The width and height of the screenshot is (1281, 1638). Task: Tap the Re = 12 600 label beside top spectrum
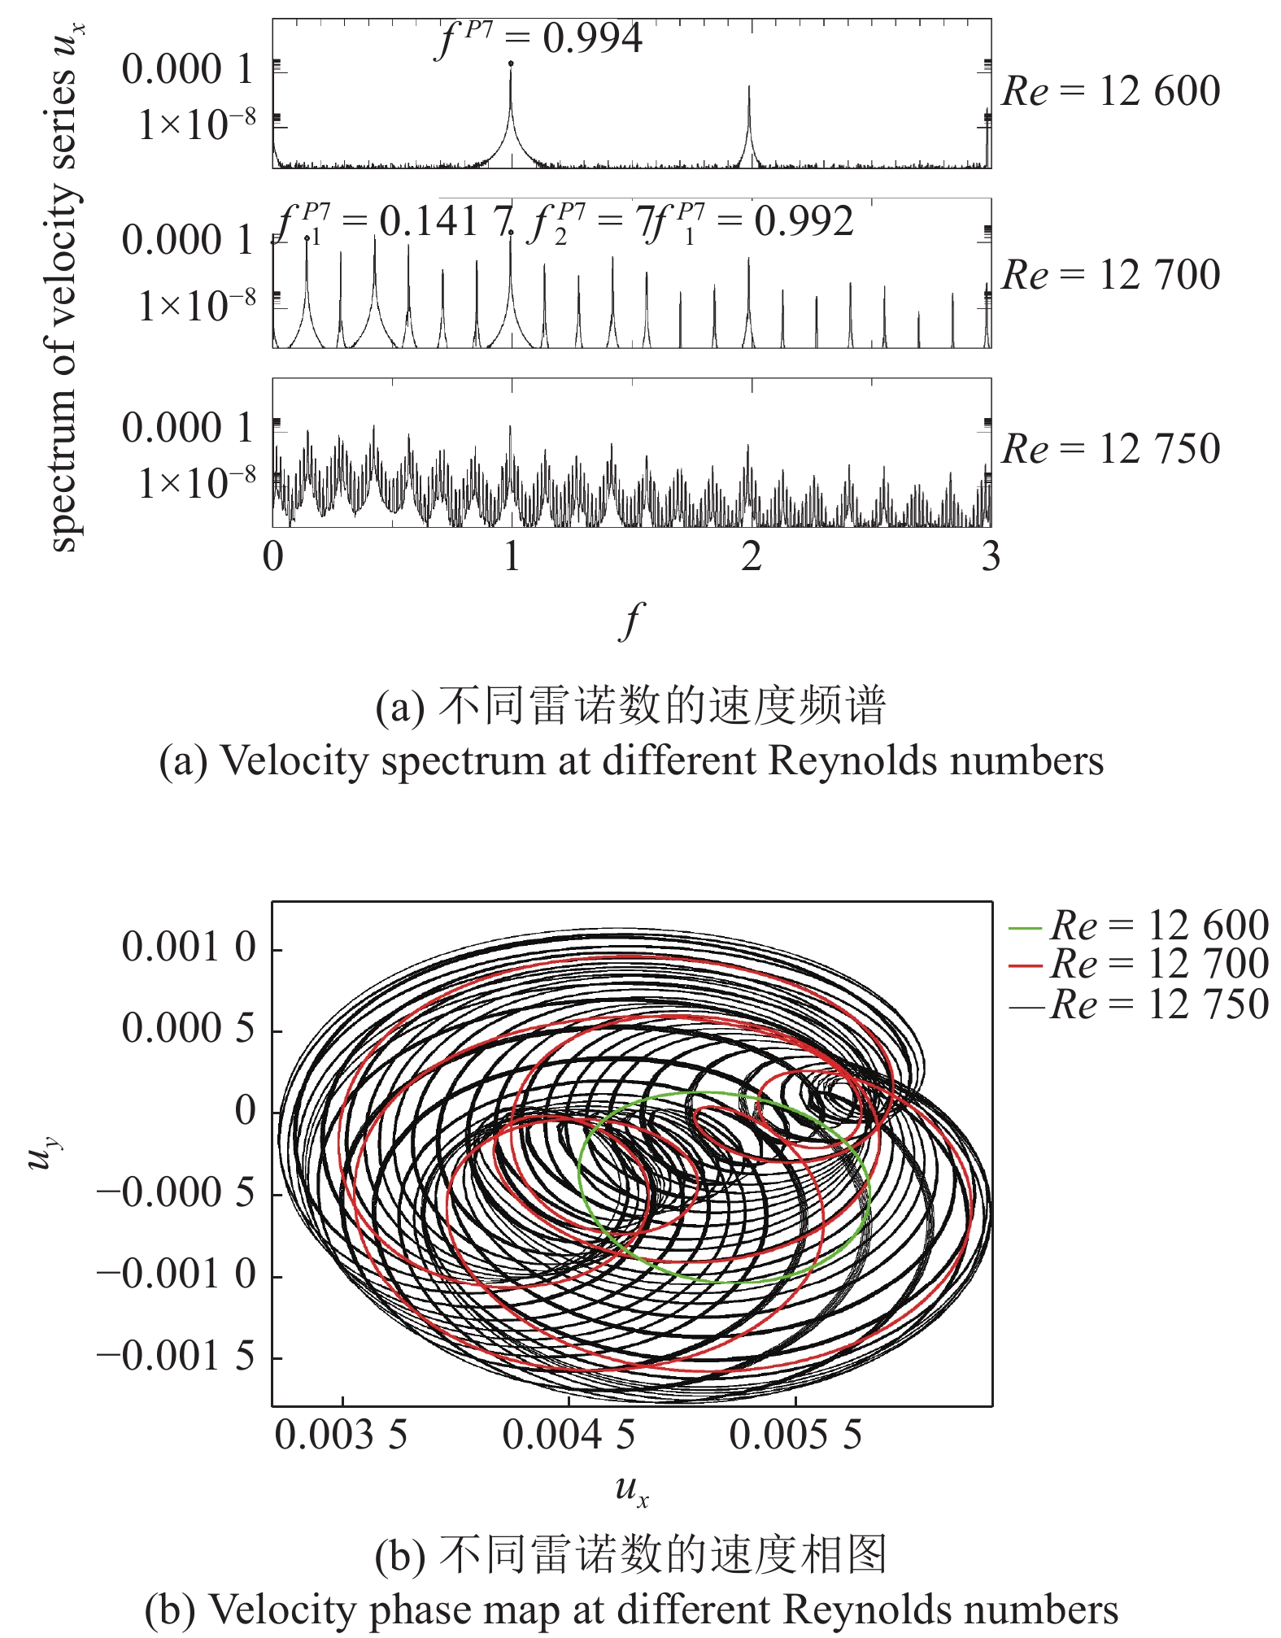pyautogui.click(x=1110, y=91)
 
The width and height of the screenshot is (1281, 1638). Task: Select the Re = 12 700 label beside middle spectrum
pyautogui.click(x=1110, y=275)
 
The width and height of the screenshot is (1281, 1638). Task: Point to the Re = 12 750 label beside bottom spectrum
pyautogui.click(x=1110, y=449)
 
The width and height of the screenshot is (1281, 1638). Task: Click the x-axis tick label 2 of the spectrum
pyautogui.click(x=751, y=556)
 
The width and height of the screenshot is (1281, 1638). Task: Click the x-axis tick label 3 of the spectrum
pyautogui.click(x=990, y=556)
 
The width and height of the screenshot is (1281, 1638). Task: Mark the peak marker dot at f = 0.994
pyautogui.click(x=511, y=63)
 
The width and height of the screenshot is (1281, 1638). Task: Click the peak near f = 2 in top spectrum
pyautogui.click(x=749, y=88)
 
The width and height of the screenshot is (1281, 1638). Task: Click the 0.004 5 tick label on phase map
pyautogui.click(x=569, y=1435)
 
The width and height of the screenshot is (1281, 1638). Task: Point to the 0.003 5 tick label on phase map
pyautogui.click(x=341, y=1435)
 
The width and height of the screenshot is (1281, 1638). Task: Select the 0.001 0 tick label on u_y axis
pyautogui.click(x=189, y=948)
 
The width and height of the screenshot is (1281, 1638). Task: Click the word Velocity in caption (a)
pyautogui.click(x=277, y=761)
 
